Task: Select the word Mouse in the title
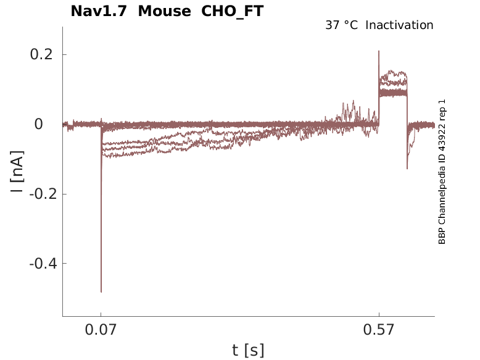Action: click(x=164, y=11)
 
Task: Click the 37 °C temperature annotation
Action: click(x=341, y=25)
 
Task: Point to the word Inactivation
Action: click(x=400, y=25)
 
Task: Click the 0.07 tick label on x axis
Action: click(x=101, y=330)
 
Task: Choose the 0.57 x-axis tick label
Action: click(x=379, y=330)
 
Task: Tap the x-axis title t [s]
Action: click(x=248, y=351)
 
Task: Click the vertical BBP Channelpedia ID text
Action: click(x=442, y=172)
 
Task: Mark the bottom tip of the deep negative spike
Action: click(x=101, y=292)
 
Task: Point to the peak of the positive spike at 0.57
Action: click(x=379, y=51)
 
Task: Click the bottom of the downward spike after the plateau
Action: click(x=407, y=169)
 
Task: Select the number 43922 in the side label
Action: click(x=442, y=128)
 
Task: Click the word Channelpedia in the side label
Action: click(x=442, y=193)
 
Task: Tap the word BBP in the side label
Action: click(x=442, y=237)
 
